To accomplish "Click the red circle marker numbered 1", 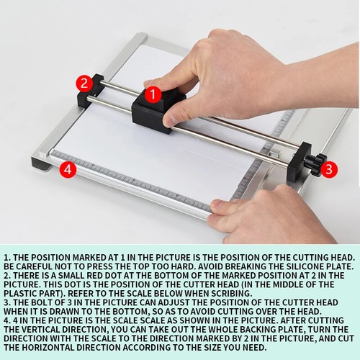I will pyautogui.click(x=152, y=93).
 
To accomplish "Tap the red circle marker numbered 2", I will pyautogui.click(x=84, y=82).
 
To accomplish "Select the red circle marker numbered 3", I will pyautogui.click(x=328, y=169).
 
